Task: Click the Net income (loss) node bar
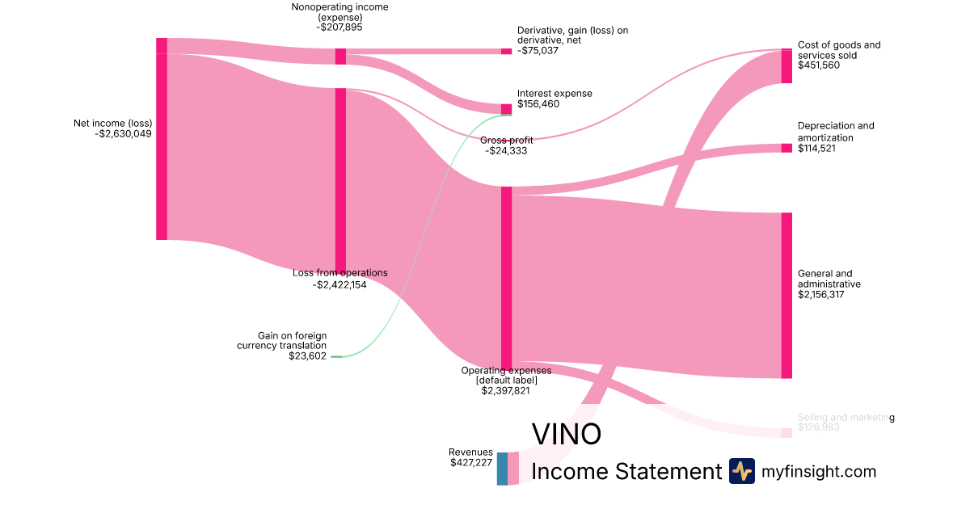tap(162, 139)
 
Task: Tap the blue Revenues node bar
tap(502, 469)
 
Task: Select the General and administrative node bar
tap(787, 295)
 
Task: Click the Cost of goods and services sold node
tap(787, 66)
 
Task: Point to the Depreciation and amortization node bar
tap(787, 148)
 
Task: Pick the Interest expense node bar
tap(506, 109)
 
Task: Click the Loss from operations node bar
tap(340, 180)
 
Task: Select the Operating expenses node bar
tap(506, 277)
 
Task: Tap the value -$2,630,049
tap(123, 134)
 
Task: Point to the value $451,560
tap(818, 65)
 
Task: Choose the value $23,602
tap(307, 355)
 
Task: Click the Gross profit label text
tap(506, 140)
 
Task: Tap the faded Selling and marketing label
tap(846, 418)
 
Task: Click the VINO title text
tap(566, 434)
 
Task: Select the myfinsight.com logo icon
tap(741, 471)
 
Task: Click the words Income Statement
tap(626, 471)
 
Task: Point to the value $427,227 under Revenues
tap(471, 463)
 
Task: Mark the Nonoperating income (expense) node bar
tap(340, 57)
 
